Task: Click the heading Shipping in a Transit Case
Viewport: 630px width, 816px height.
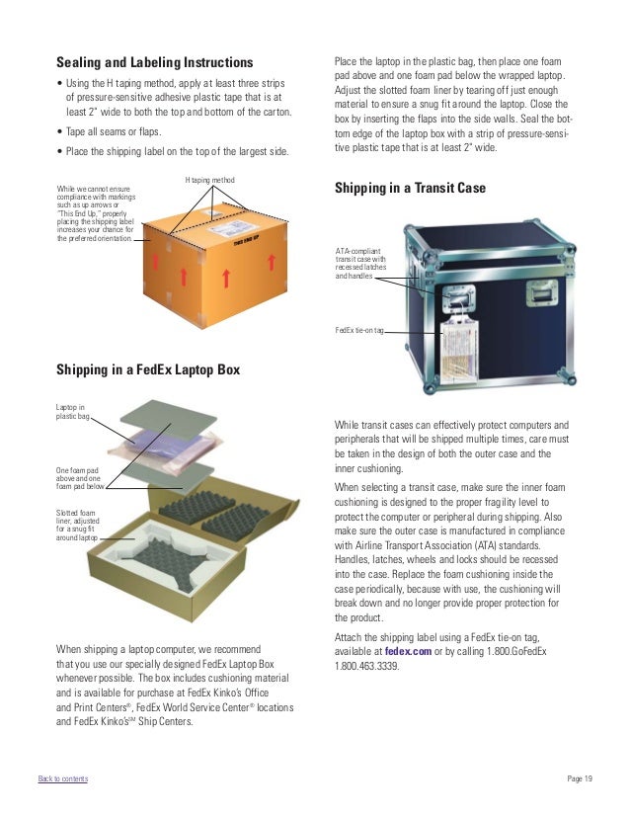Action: click(x=410, y=188)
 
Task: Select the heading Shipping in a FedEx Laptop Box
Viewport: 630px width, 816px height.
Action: click(x=149, y=370)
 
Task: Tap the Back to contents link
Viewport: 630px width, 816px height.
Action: click(x=63, y=779)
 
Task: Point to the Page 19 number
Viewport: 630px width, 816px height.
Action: click(x=580, y=779)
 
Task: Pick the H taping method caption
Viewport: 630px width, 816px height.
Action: click(x=210, y=179)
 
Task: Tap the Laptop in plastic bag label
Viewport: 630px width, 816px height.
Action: click(x=72, y=413)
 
